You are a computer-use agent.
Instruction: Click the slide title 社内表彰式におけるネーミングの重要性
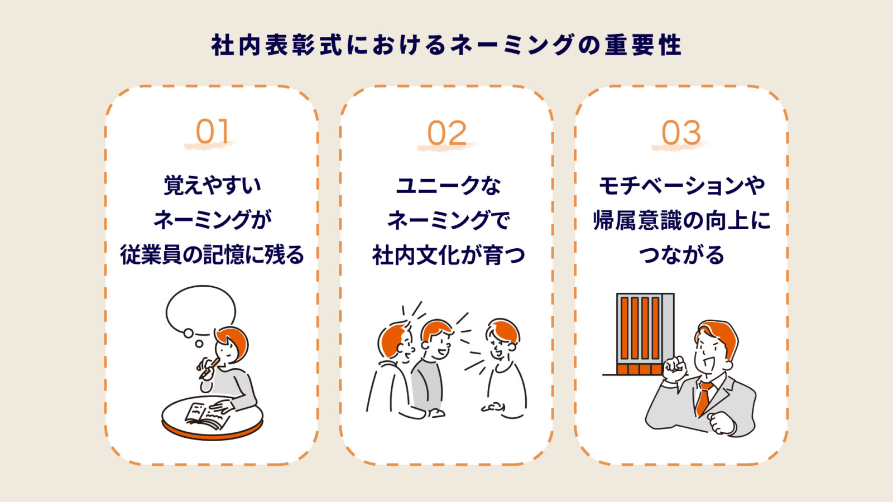pos(446,45)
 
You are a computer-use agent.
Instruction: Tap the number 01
pos(212,132)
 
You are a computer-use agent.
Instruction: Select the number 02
pos(446,133)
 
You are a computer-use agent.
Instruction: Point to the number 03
pos(681,133)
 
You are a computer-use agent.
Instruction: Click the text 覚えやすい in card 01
pos(212,185)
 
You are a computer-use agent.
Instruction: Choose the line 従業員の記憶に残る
pos(212,254)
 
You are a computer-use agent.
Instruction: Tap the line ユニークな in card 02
pos(448,185)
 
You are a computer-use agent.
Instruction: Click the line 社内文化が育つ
pos(448,255)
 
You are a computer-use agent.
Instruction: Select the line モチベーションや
pos(681,185)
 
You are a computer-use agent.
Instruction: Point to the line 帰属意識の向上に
pos(681,220)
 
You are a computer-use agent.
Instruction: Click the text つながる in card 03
pos(681,255)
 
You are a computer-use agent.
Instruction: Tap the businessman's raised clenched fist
pos(675,369)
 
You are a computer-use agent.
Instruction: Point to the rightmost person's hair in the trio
pos(504,329)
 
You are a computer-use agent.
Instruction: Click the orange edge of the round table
pos(212,432)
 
